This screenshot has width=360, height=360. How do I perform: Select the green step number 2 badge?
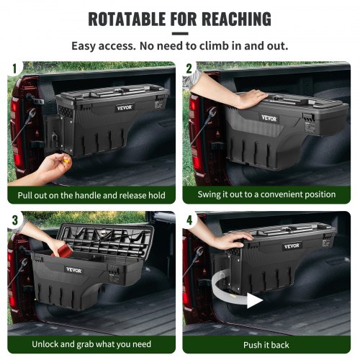(189, 69)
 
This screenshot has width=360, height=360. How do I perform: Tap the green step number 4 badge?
(189, 217)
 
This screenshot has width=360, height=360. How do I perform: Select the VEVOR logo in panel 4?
(292, 246)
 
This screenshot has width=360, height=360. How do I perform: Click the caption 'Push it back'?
(267, 345)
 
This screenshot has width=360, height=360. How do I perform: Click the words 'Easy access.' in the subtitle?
(101, 45)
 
